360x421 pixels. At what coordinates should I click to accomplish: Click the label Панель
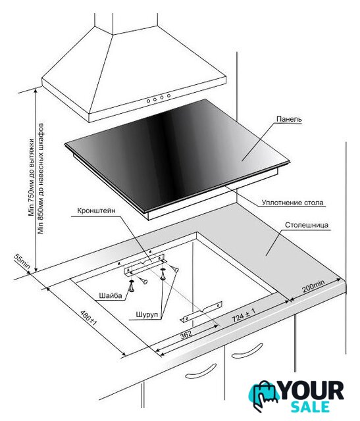[x=289, y=119]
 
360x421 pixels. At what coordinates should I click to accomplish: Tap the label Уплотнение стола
[x=293, y=203]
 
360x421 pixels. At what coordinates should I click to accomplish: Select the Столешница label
[x=307, y=225]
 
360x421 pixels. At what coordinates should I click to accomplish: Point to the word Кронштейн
[x=97, y=210]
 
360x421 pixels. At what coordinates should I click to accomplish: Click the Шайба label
[x=111, y=295]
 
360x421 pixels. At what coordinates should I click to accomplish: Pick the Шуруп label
[x=147, y=314]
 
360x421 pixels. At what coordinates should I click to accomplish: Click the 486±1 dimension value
[x=88, y=318]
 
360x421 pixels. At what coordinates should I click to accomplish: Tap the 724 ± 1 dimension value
[x=244, y=315]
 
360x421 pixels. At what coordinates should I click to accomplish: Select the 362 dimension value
[x=186, y=334]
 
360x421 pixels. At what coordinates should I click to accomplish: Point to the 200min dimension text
[x=313, y=286]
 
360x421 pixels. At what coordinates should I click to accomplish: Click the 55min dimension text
[x=22, y=261]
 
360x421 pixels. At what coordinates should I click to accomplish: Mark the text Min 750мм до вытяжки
[x=32, y=177]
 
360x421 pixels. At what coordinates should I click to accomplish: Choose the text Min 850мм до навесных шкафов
[x=41, y=178]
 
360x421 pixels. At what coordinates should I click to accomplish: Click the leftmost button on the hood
[x=148, y=101]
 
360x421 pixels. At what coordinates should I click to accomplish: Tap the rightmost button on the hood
[x=168, y=95]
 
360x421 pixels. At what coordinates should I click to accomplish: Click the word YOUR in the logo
[x=312, y=391]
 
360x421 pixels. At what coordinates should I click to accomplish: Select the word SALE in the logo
[x=310, y=407]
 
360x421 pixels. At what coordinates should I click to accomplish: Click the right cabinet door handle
[x=247, y=351]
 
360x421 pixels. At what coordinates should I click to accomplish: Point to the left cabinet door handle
[x=201, y=371]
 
